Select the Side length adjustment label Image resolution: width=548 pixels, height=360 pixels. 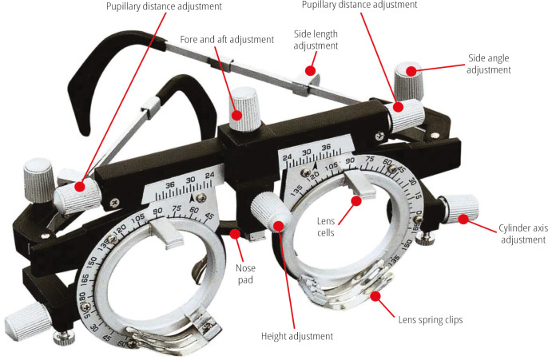pyautogui.click(x=316, y=40)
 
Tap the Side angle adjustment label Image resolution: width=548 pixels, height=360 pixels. pyautogui.click(x=489, y=63)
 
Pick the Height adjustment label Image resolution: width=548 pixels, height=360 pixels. pyautogui.click(x=296, y=336)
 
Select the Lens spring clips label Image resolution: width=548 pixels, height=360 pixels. pyautogui.click(x=430, y=319)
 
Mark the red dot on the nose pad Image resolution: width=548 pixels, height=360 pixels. pyautogui.click(x=234, y=234)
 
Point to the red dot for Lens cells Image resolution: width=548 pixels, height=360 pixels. pyautogui.click(x=356, y=201)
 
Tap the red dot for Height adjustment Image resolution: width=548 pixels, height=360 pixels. pyautogui.click(x=279, y=226)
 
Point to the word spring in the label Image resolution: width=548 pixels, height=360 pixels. pyautogui.click(x=428, y=319)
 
